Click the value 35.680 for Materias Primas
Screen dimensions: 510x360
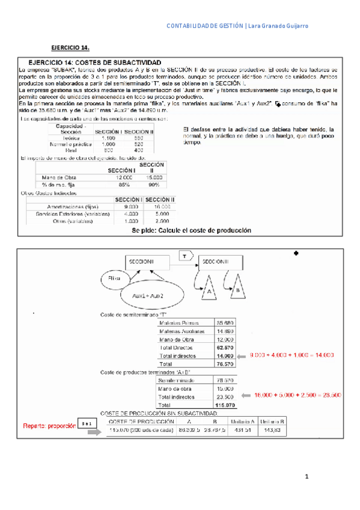[x=224, y=322]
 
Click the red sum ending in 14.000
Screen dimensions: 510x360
[x=291, y=355]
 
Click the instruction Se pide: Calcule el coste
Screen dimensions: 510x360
[x=183, y=230]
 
